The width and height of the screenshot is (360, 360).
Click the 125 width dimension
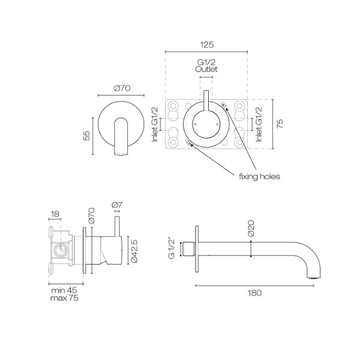[x=207, y=44]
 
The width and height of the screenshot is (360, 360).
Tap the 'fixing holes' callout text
[x=259, y=176]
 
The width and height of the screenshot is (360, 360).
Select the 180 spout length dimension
[x=254, y=293]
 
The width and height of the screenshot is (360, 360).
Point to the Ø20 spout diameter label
[x=251, y=228]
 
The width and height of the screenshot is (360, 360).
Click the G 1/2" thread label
[x=172, y=249]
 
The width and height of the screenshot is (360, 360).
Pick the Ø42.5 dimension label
[x=134, y=251]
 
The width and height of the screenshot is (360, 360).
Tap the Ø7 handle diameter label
[x=118, y=205]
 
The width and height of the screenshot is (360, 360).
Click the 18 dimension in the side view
[x=55, y=214]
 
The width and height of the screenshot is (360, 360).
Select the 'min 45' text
[x=64, y=290]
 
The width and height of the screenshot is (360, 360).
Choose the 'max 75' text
[x=64, y=298]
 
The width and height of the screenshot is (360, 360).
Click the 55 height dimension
[x=87, y=136]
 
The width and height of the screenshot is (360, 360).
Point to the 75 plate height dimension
[x=280, y=124]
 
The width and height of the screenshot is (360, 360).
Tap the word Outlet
[x=206, y=69]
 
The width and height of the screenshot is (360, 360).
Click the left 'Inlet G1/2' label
[x=155, y=124]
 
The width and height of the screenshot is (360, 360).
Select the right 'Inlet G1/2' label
[x=259, y=124]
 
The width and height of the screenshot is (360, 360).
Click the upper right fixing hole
[x=223, y=104]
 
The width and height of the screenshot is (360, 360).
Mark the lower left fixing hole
[x=189, y=143]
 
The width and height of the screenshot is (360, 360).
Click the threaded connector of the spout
[x=188, y=249]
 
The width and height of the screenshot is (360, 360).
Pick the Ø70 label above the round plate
[x=122, y=88]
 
